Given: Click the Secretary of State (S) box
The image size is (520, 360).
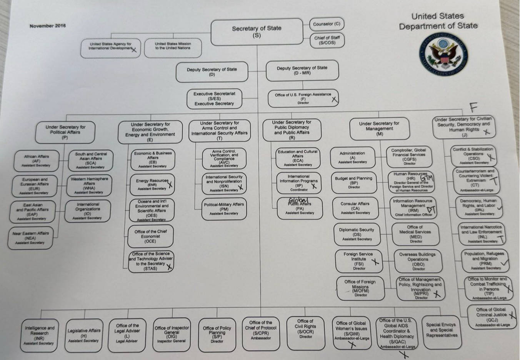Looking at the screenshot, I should [x=257, y=32].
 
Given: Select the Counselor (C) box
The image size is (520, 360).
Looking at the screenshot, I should [x=326, y=24].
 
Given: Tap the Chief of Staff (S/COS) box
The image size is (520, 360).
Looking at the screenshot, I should [x=327, y=40].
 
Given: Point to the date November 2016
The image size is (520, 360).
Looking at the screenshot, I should [x=48, y=26].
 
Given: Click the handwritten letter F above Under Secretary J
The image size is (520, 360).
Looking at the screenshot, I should [x=473, y=107].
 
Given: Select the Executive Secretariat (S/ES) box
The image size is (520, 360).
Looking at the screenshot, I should [x=214, y=98].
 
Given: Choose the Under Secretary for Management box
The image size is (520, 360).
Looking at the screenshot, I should [x=379, y=128].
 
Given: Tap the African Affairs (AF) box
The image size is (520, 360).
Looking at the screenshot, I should [x=37, y=161].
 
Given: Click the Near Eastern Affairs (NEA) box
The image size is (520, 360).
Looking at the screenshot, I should [x=30, y=238].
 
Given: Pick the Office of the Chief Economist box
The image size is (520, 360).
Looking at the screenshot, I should [x=150, y=236].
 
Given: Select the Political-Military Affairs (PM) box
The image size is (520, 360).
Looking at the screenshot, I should [x=224, y=209].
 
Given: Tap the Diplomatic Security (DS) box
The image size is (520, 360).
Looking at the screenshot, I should [x=357, y=234].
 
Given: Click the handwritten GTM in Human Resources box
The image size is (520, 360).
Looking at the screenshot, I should [x=427, y=178].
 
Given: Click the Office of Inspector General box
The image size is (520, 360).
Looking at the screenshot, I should [x=172, y=334].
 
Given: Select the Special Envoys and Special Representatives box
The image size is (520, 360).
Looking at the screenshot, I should [x=442, y=330].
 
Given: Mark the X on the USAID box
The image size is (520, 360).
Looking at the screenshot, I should [x=134, y=50].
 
